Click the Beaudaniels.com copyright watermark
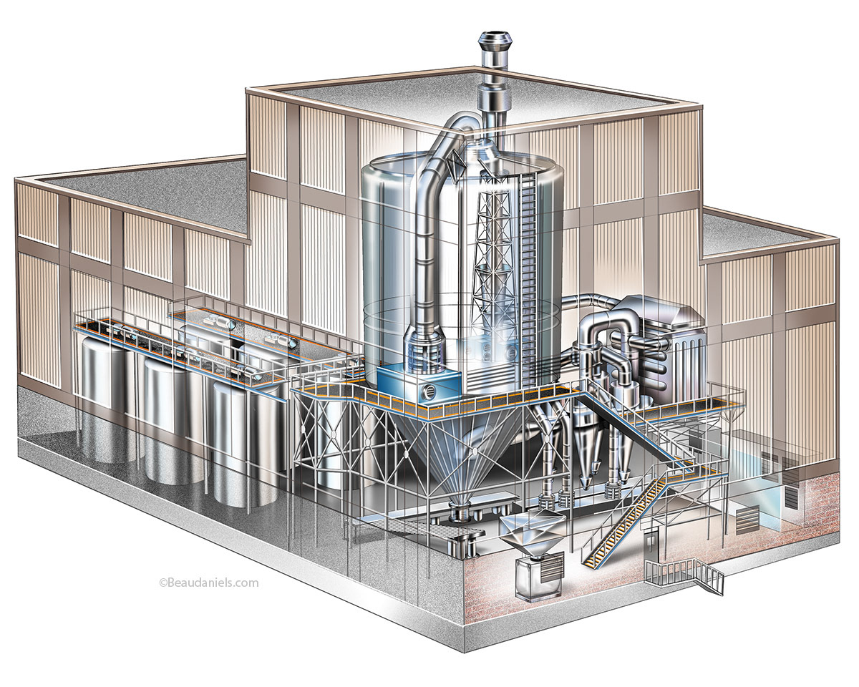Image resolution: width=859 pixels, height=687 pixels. [209, 583]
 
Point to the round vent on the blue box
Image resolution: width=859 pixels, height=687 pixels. [429, 391]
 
